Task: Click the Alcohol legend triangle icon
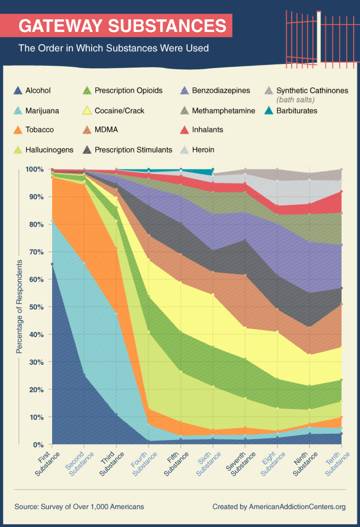coord(18,91)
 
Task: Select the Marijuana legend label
coord(42,111)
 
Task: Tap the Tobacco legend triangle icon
coord(18,130)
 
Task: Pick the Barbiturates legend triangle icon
coord(269,111)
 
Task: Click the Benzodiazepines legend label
coord(221,91)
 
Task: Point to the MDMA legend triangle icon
coord(87,130)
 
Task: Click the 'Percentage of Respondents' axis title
coord(19,307)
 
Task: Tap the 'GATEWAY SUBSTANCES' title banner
coord(123,26)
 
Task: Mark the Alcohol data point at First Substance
coord(52,264)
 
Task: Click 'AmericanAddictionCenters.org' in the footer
coord(297,507)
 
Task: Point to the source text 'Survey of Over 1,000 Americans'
coord(92,507)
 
